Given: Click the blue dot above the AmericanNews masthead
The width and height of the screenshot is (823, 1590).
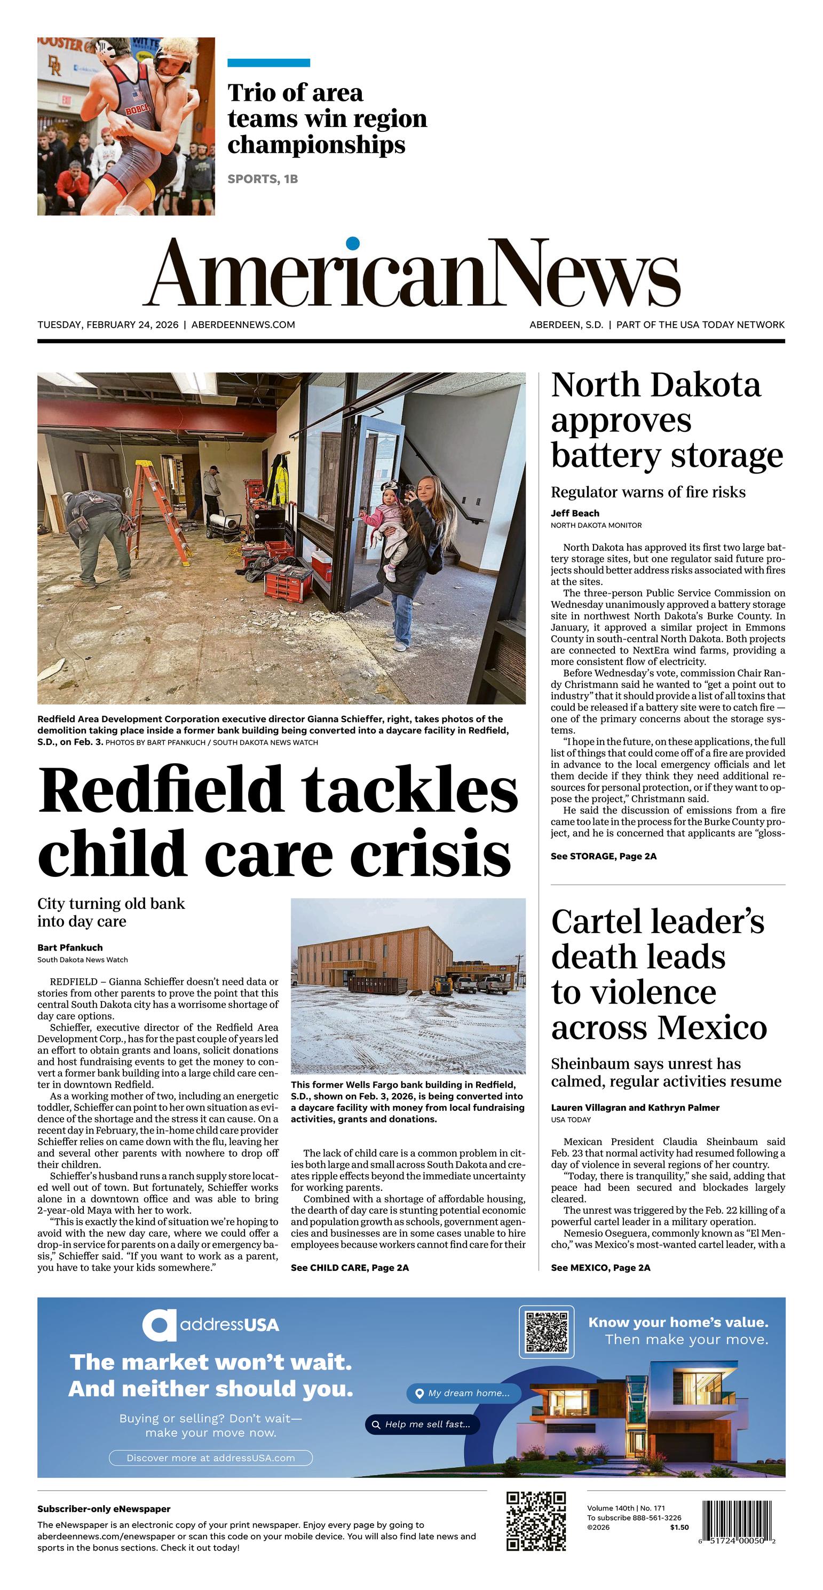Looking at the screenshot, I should tap(353, 243).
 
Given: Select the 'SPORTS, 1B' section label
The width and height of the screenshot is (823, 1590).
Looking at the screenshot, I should tap(263, 179).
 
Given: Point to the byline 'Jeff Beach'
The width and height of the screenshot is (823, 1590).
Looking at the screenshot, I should tap(575, 513).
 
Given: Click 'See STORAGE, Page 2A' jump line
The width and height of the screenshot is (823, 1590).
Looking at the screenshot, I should tap(603, 856).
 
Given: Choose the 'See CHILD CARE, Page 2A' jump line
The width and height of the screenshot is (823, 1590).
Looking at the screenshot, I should tap(350, 1267).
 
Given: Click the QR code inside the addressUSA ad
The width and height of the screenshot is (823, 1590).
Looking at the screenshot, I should tap(546, 1332).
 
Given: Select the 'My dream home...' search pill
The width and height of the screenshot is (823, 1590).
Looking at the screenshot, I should tap(463, 1393).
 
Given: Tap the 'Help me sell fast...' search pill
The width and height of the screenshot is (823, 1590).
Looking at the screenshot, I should tap(422, 1424).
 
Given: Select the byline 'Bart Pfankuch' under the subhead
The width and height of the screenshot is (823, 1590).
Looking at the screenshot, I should tap(70, 947).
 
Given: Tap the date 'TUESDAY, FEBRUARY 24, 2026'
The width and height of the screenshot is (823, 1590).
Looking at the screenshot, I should tap(108, 325).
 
